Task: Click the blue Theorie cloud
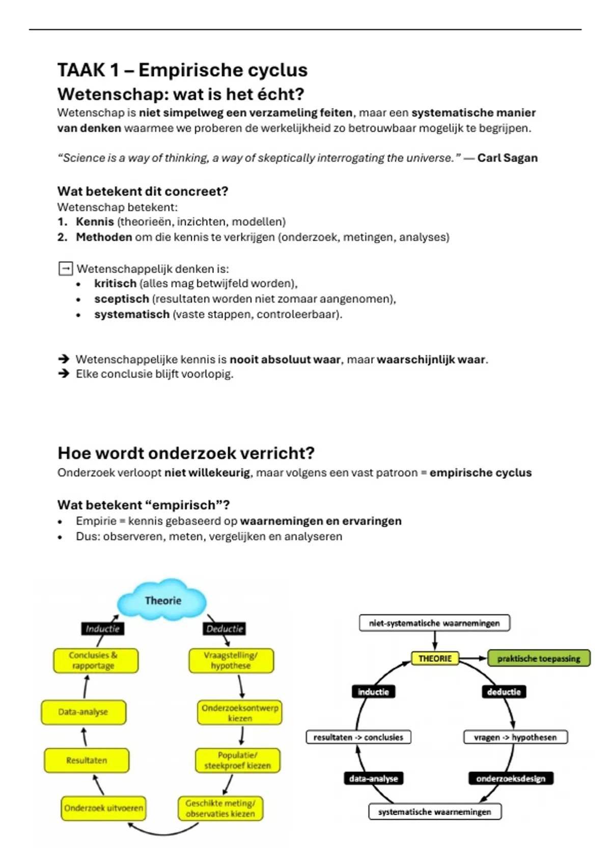point(162,601)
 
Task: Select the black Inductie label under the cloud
point(102,629)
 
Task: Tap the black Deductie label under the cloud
point(225,629)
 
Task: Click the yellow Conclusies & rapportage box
point(95,660)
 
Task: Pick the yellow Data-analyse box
point(84,712)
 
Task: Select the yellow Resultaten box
point(87,760)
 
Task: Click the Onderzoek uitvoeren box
point(103,808)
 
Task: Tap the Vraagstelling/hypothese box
point(231,660)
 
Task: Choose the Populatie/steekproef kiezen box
point(238,760)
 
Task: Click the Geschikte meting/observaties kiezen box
point(220,808)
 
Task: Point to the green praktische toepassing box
point(539,658)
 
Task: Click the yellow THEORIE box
point(435,658)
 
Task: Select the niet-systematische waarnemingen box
point(434,623)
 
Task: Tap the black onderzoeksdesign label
point(511,778)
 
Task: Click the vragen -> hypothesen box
point(515,737)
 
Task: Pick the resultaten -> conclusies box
point(358,737)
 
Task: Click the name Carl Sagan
point(507,158)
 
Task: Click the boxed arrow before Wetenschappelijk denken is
point(66,268)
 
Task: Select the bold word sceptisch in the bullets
point(122,299)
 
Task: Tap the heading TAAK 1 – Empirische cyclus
point(182,70)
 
